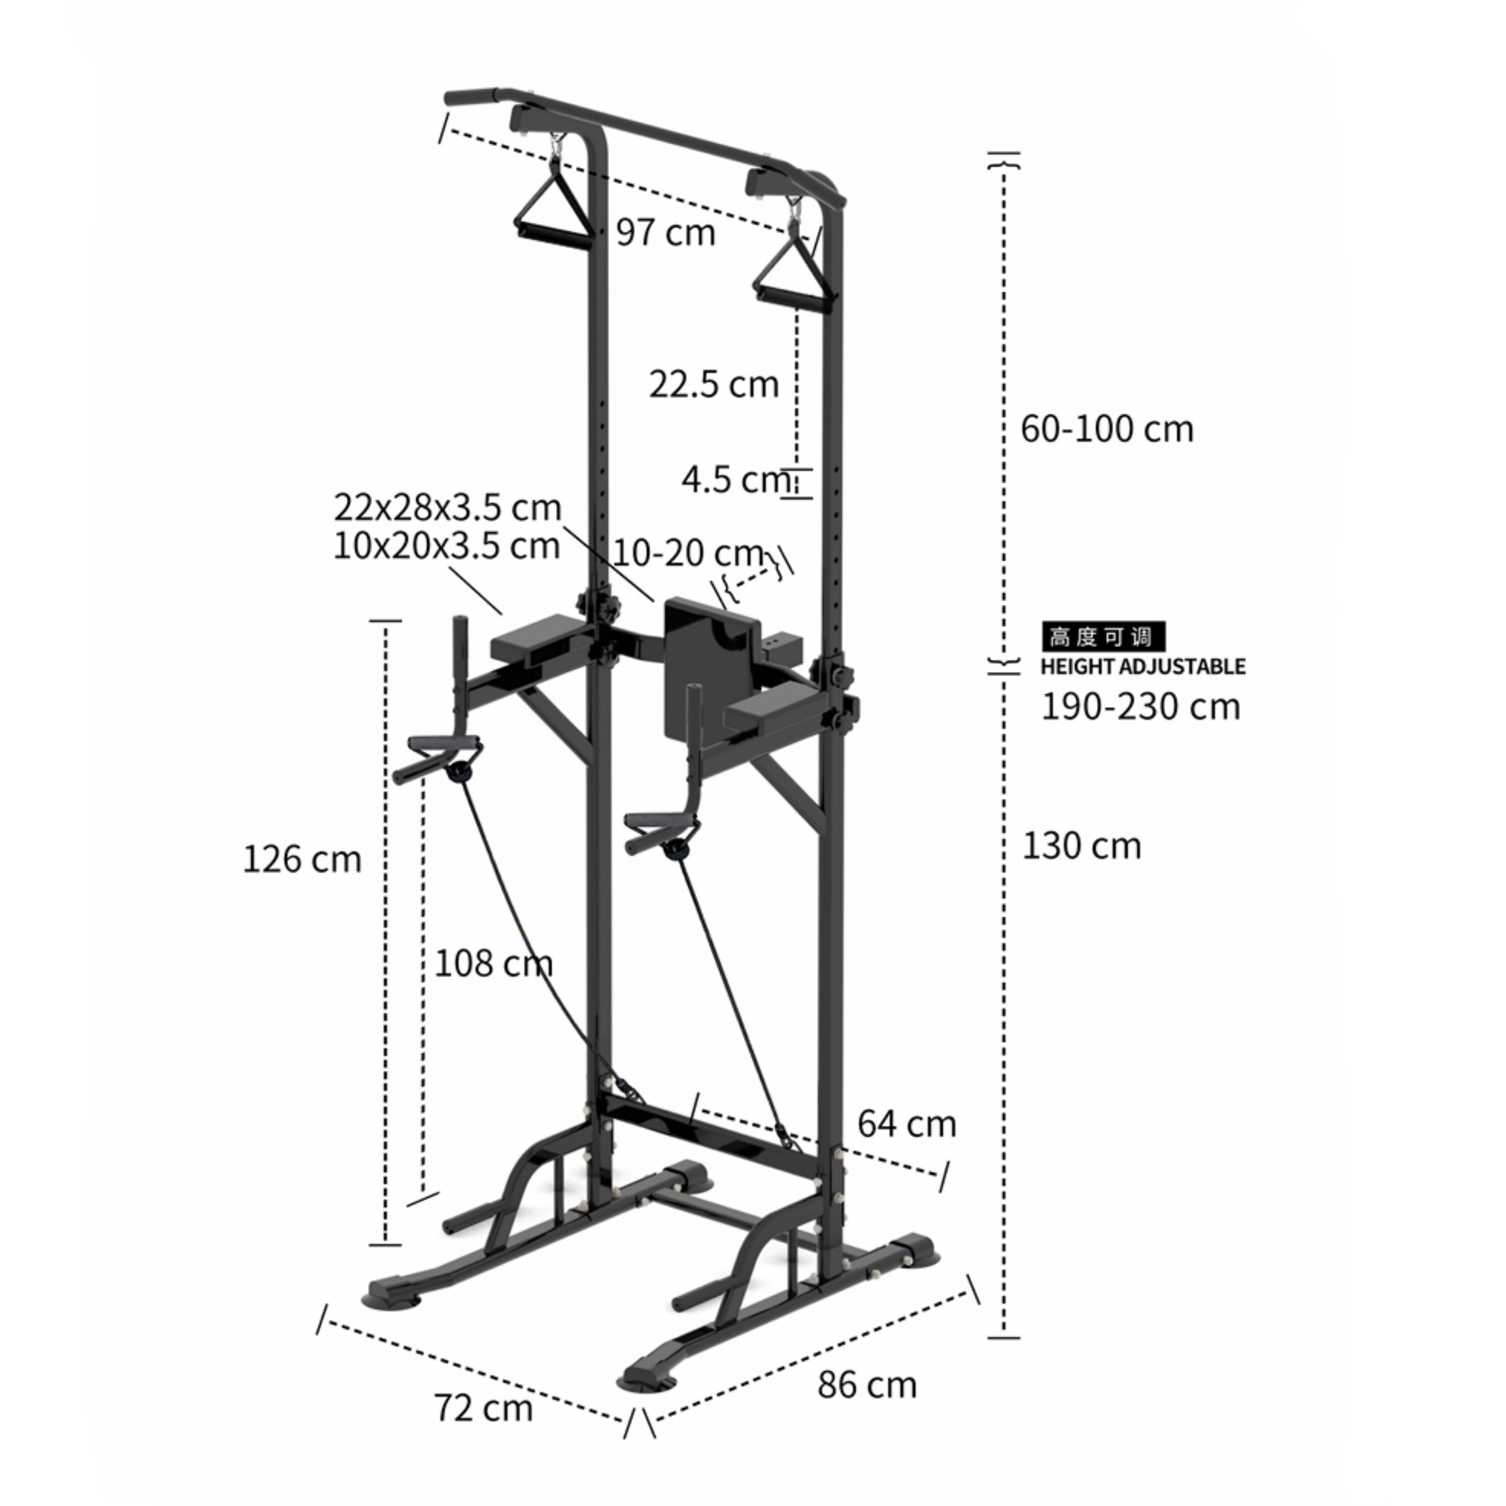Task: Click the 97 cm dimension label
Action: pos(665,233)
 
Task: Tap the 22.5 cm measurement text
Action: pos(713,384)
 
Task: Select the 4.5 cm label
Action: pos(733,480)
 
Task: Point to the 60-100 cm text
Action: pos(1106,429)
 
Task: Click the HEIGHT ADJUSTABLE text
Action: pos(1143,666)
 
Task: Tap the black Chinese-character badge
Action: pos(1102,636)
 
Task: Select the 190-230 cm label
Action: pos(1140,706)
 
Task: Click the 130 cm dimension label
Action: pos(1081,846)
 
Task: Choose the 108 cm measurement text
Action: pos(493,963)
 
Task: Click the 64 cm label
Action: pos(906,1124)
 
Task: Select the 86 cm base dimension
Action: pos(867,1384)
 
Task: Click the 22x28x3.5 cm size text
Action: pos(446,507)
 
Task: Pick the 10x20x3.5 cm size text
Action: pos(446,546)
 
